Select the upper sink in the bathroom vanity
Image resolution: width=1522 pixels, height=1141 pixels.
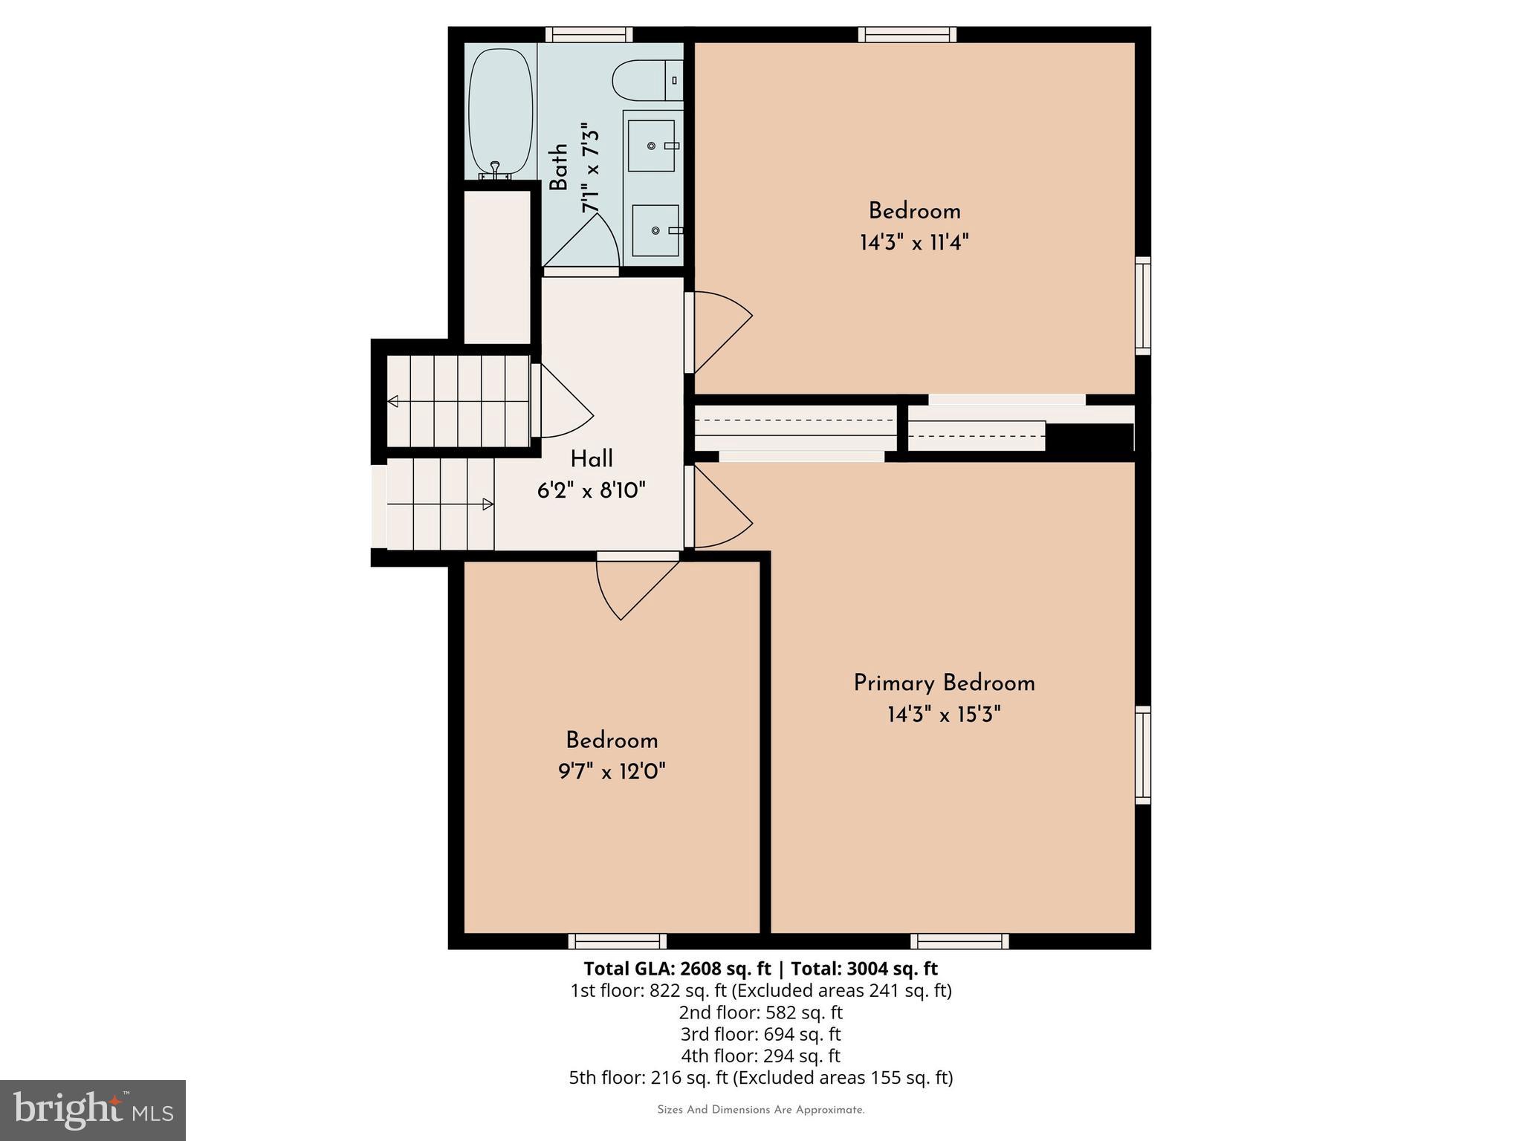652,146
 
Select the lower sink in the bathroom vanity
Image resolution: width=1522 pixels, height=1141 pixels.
655,230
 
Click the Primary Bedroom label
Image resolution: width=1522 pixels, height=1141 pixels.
944,683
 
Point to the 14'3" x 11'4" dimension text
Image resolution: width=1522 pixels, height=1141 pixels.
914,243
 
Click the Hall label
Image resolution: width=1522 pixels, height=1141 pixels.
592,459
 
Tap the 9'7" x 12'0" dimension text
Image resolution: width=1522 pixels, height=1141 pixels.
612,772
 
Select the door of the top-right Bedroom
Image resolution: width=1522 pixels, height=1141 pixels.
718,332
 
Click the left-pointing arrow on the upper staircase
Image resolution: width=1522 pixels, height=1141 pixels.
393,401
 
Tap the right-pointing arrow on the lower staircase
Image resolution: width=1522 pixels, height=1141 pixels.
488,504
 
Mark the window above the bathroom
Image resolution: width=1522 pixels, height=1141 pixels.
589,34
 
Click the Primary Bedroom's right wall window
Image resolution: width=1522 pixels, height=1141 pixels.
1143,755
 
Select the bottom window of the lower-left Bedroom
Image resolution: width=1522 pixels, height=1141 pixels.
617,941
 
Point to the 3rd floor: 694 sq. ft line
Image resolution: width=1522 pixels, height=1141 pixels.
760,1034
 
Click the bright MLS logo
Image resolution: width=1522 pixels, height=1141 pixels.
93,1110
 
